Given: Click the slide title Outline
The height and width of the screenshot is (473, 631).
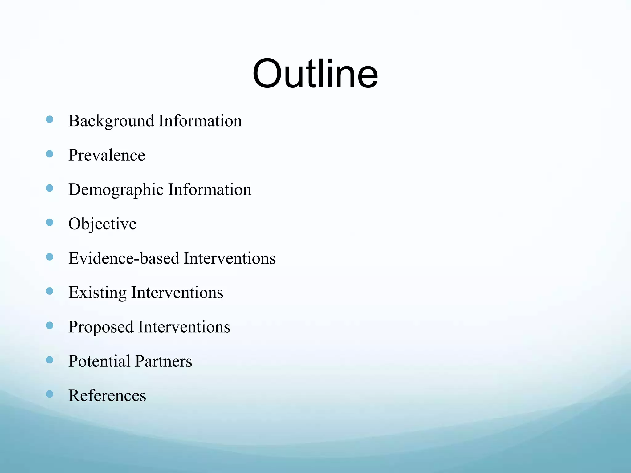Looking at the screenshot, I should tap(315, 74).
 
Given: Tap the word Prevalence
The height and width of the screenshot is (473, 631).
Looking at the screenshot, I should tap(107, 155).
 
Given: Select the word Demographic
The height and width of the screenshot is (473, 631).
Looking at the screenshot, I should tap(116, 190).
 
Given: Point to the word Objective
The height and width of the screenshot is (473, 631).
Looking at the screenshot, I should tap(102, 224).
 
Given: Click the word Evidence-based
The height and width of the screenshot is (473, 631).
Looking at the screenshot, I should tap(124, 258).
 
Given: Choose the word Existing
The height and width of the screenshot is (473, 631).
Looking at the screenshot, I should tap(97, 293).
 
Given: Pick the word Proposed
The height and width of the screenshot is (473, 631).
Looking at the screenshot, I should tap(101, 327).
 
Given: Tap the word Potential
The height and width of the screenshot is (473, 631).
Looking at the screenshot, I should tap(99, 361).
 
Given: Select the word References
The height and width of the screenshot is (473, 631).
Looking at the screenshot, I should tap(107, 396).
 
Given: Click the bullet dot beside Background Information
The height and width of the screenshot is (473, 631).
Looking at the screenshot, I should tap(49, 119).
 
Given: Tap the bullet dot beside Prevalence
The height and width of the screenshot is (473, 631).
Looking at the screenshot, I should tap(49, 154).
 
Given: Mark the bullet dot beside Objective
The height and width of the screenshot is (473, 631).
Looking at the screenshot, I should tap(49, 222).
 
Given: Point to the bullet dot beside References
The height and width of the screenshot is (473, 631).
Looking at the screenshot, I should tap(49, 394).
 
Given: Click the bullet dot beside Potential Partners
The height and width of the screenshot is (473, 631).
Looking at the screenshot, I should tap(49, 360).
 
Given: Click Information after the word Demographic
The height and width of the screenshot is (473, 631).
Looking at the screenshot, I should tap(210, 189).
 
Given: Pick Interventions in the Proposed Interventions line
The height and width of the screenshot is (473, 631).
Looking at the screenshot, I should tap(184, 327).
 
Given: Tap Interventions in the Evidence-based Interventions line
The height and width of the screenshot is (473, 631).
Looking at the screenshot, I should tap(230, 258).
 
